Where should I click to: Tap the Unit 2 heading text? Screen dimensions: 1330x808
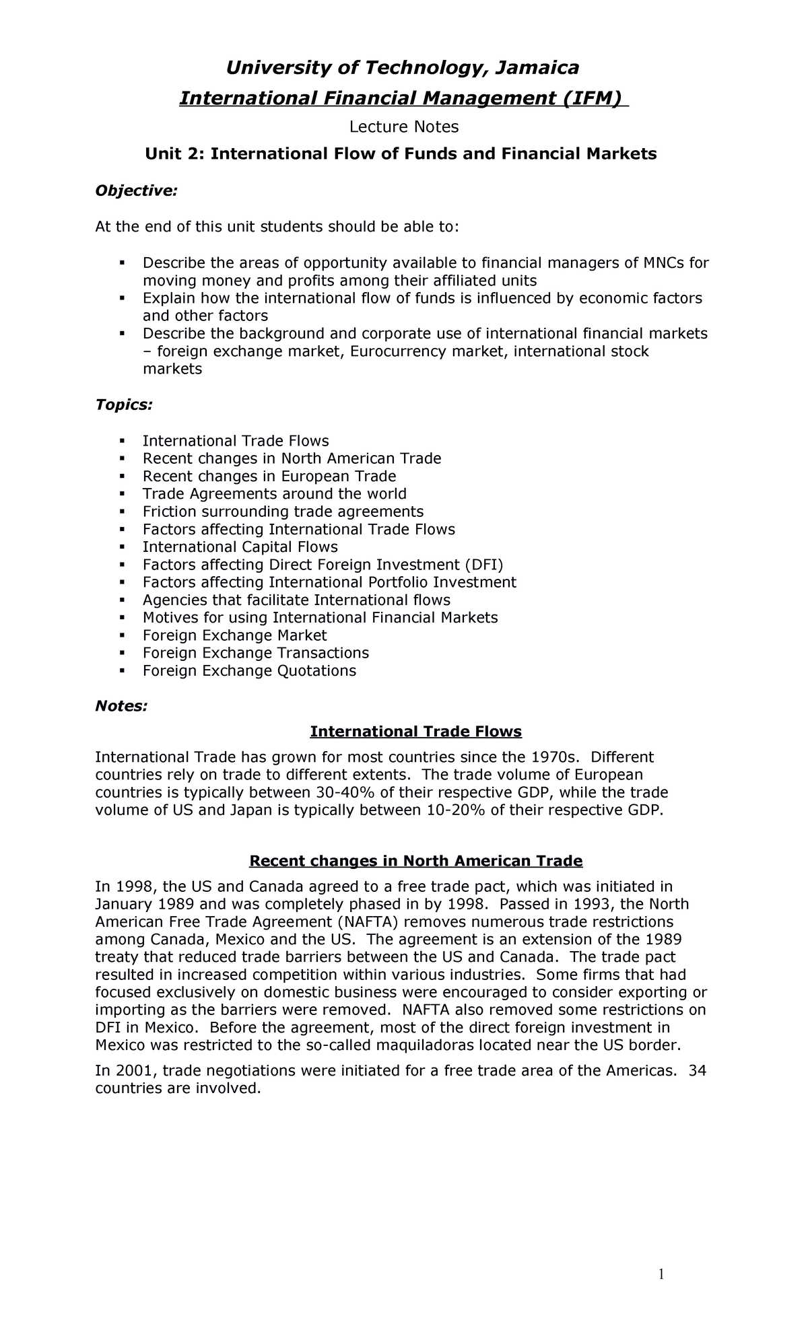coord(401,154)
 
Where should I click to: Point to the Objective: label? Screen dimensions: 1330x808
coord(136,191)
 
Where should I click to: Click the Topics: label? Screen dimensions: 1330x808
coord(124,405)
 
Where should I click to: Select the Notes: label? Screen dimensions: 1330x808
coord(121,706)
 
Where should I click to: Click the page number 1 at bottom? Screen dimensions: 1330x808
coord(662,1273)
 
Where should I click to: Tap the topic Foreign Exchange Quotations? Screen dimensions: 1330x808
coord(249,670)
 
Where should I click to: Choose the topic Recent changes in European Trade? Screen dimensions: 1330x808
coord(269,477)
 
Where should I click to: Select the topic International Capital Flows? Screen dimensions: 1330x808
coord(240,547)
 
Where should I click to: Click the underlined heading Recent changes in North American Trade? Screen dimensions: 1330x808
coord(415,861)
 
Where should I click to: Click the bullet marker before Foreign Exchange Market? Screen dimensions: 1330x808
coord(122,635)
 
